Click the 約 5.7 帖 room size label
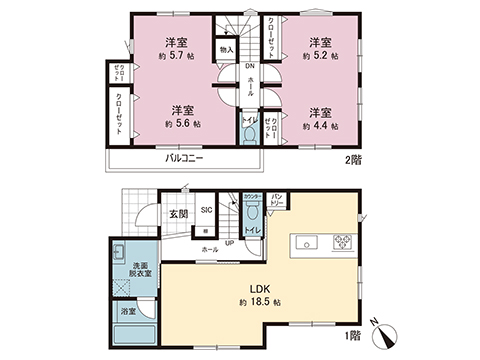(177, 58)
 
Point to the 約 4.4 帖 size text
(320, 127)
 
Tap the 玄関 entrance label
(177, 214)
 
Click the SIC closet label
(206, 210)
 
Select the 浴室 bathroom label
(129, 312)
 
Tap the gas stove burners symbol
(343, 240)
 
